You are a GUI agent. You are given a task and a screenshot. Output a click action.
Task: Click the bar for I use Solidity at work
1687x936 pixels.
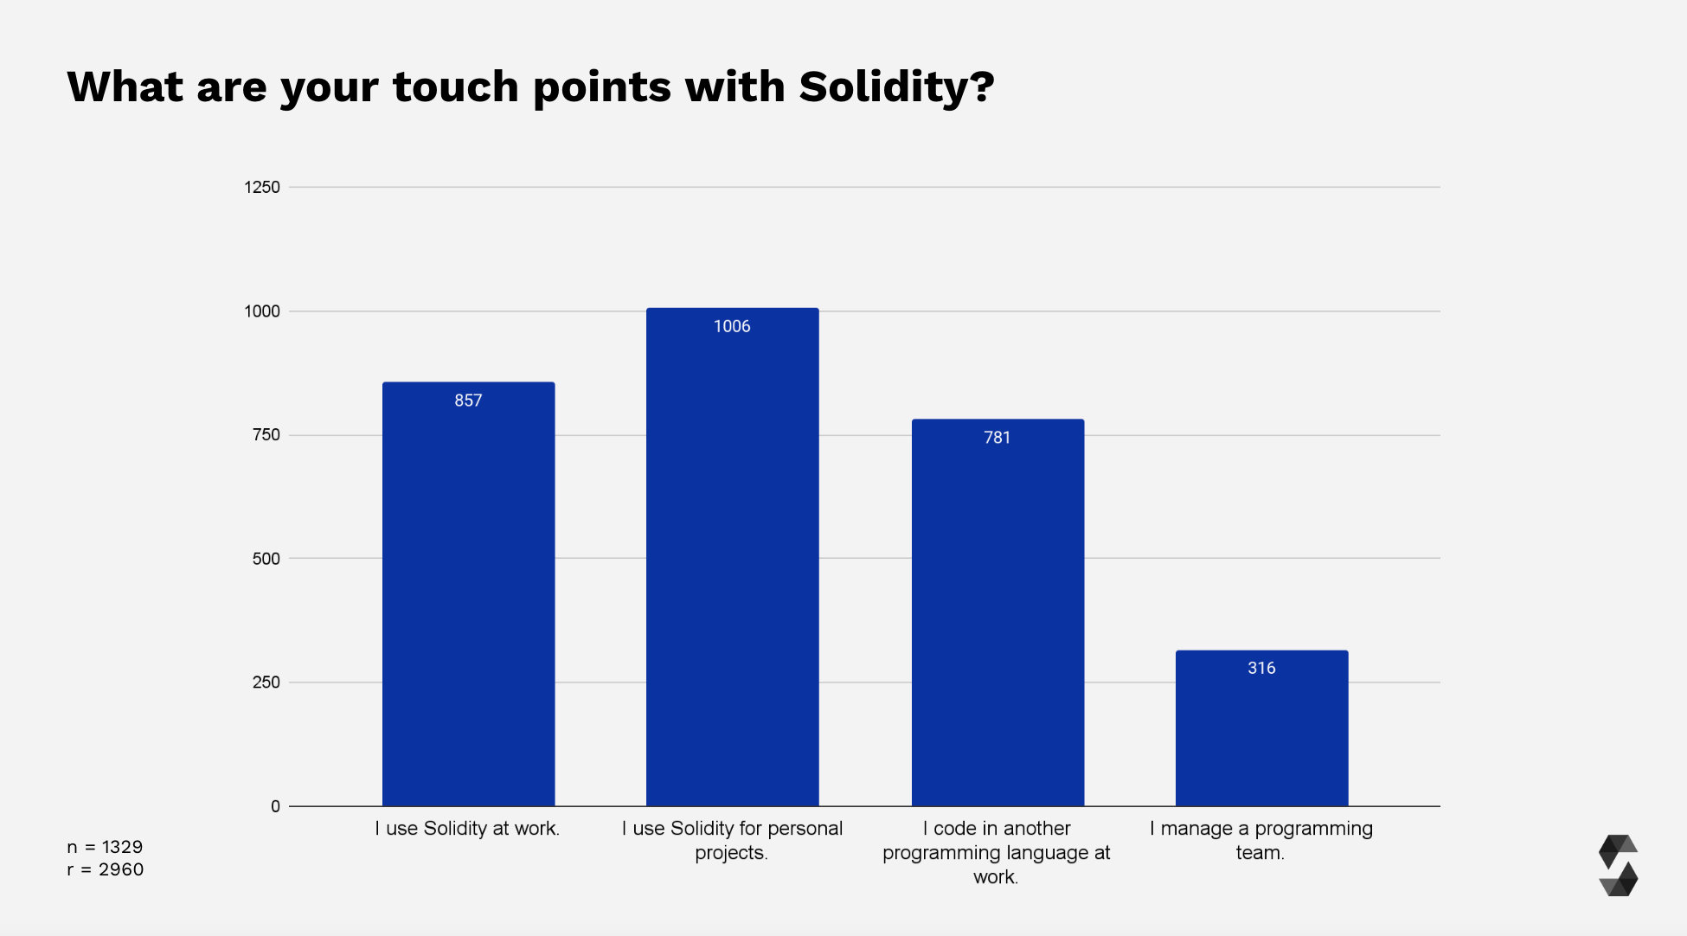click(x=468, y=597)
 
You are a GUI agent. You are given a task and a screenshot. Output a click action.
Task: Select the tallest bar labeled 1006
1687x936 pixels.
click(x=732, y=562)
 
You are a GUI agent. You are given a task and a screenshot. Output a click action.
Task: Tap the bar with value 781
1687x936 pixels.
click(x=997, y=614)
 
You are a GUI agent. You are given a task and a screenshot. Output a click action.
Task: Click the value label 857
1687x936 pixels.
click(x=468, y=401)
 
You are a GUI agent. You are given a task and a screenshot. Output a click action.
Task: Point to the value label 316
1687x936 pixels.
click(x=1261, y=668)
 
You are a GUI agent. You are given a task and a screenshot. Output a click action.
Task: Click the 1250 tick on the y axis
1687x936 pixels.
click(x=262, y=187)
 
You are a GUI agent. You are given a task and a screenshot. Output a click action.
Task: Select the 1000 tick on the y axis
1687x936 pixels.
click(x=262, y=311)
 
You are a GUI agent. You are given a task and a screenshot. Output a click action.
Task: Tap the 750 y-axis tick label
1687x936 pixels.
click(x=266, y=435)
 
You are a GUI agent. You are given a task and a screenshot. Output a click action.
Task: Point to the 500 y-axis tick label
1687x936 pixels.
click(x=266, y=559)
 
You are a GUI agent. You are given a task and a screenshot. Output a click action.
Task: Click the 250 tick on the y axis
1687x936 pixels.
click(x=266, y=683)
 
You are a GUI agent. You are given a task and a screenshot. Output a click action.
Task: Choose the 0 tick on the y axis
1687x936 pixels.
click(x=275, y=806)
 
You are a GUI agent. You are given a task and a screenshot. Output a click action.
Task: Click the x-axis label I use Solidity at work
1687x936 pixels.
click(x=467, y=829)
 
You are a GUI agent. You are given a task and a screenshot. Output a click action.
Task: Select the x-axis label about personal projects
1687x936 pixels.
click(x=732, y=840)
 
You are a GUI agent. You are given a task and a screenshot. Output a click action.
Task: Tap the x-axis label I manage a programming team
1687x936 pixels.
click(x=1260, y=840)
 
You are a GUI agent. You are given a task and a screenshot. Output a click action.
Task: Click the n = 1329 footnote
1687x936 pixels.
click(x=105, y=847)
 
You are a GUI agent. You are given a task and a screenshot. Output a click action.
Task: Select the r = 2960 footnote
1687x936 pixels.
click(x=105, y=869)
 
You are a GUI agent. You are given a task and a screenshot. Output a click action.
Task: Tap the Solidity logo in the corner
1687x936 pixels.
click(x=1618, y=865)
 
